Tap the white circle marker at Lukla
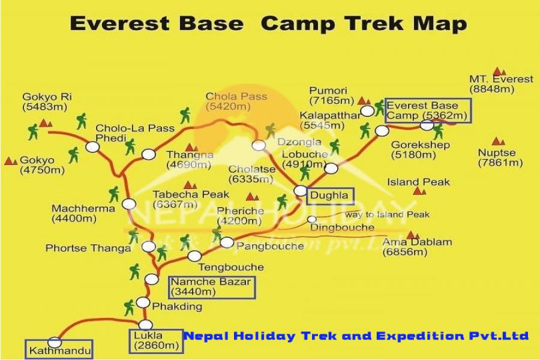[145, 325]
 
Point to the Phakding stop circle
[143, 302]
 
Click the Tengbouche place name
[231, 268]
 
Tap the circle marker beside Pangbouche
[227, 242]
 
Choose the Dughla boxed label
[330, 196]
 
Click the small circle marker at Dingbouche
[311, 219]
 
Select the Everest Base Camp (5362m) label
[428, 110]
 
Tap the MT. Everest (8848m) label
[501, 84]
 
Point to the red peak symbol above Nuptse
[498, 141]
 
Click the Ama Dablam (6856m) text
[417, 247]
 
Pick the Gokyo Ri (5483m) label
[47, 102]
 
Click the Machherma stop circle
[129, 204]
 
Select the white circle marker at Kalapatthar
[367, 111]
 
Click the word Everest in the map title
[120, 24]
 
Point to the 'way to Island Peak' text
[387, 215]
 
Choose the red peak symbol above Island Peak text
[419, 191]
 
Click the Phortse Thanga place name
[88, 248]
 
